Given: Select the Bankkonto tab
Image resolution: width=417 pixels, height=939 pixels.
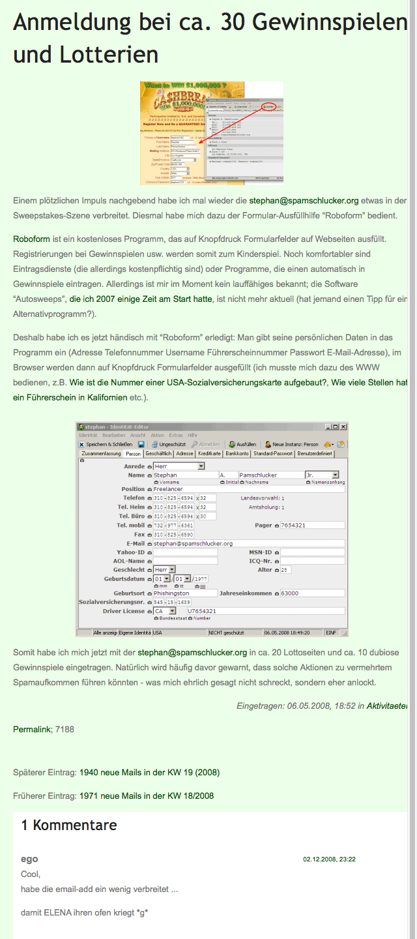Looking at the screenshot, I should [x=237, y=453].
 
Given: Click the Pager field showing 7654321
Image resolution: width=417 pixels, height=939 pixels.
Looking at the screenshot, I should [x=311, y=526].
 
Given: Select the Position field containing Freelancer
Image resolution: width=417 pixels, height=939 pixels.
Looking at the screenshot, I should [x=248, y=489].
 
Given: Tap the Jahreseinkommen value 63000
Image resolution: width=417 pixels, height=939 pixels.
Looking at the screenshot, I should [x=311, y=593].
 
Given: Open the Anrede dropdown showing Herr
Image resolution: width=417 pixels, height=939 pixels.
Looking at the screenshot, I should [x=179, y=466].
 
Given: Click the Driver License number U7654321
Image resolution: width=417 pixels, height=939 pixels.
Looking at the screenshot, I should [x=266, y=611].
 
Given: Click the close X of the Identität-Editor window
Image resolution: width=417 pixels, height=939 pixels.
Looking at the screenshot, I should [x=343, y=426].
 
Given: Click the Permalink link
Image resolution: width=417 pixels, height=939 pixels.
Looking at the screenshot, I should [x=32, y=729].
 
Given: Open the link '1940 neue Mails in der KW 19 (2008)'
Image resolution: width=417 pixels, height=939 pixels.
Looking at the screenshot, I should [x=149, y=773].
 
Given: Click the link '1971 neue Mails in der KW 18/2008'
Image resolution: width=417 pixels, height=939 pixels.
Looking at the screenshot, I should [x=146, y=796].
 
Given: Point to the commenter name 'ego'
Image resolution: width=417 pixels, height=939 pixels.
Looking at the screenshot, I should [x=29, y=859].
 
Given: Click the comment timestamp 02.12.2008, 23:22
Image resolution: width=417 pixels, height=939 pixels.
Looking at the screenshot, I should [x=329, y=859].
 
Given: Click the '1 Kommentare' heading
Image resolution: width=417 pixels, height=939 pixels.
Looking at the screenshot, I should [x=69, y=826].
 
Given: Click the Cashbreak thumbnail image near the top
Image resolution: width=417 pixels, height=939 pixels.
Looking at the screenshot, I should [x=211, y=133].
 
